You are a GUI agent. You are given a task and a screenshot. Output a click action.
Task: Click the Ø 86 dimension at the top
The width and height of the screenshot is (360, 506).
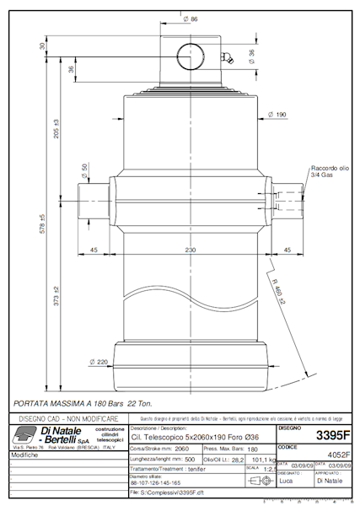coord(191,19)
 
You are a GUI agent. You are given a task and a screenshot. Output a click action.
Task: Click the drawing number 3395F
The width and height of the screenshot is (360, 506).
coord(331,436)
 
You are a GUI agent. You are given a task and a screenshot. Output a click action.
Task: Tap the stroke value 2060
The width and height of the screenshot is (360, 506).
coord(181,450)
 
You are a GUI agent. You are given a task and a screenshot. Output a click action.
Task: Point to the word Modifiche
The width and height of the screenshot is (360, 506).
coord(25,455)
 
